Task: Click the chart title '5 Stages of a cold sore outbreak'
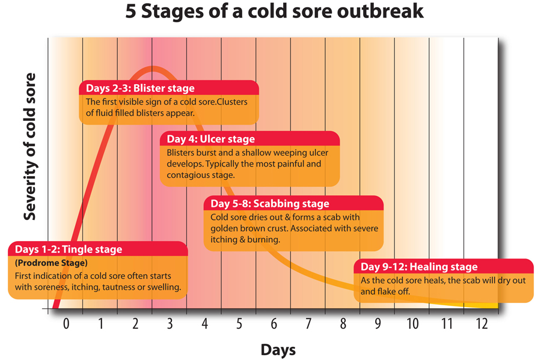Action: click(274, 11)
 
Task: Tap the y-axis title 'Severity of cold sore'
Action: click(30, 147)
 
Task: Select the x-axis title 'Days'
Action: click(278, 350)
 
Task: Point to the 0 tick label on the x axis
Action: click(66, 323)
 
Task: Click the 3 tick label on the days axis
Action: click(170, 323)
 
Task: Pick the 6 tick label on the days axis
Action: click(274, 323)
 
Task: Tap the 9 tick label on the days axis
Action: click(378, 323)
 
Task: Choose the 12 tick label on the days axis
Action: click(481, 323)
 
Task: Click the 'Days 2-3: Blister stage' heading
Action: click(140, 88)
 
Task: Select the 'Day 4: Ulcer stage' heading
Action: click(211, 139)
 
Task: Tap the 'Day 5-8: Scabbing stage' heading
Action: click(270, 204)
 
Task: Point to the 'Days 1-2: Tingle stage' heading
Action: click(69, 249)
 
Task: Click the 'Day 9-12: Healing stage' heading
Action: click(419, 267)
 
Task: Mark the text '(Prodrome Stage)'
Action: click(51, 263)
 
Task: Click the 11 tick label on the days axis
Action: click(447, 323)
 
